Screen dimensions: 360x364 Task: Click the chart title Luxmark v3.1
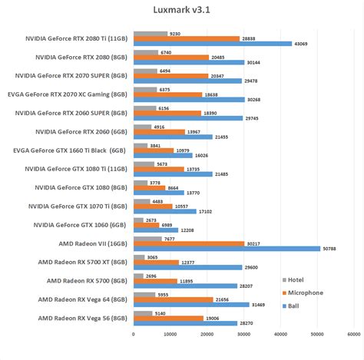point(182,8)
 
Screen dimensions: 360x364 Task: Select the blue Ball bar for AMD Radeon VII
point(227,248)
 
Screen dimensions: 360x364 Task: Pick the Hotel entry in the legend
point(295,281)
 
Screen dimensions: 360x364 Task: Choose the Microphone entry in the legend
point(303,292)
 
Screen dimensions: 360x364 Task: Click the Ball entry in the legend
point(292,305)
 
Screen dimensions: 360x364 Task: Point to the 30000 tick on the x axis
point(243,334)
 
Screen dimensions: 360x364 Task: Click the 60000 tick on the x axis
point(354,334)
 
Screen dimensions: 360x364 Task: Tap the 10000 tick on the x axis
point(170,334)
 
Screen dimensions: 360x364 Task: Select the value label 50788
point(331,248)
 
